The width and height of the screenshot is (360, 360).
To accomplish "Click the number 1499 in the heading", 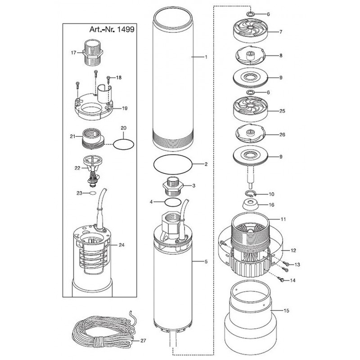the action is (x=126, y=29).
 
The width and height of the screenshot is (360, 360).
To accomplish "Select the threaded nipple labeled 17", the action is (x=93, y=52).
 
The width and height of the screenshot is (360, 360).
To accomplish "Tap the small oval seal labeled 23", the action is (x=93, y=193).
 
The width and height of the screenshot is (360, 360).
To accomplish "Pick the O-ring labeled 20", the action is (x=123, y=144).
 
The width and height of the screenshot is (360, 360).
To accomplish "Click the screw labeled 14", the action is (x=281, y=279).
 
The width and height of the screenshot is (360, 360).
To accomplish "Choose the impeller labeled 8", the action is (x=251, y=55).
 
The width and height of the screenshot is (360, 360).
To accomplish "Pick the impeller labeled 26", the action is (x=251, y=134).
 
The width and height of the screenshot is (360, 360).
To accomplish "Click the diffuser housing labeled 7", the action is (x=251, y=31).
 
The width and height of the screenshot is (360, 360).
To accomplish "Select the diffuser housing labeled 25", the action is (x=251, y=110).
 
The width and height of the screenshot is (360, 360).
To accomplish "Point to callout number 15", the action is (x=286, y=310).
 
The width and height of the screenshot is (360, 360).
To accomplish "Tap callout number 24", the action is (x=121, y=245).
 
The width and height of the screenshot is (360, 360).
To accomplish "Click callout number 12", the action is (x=293, y=250).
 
